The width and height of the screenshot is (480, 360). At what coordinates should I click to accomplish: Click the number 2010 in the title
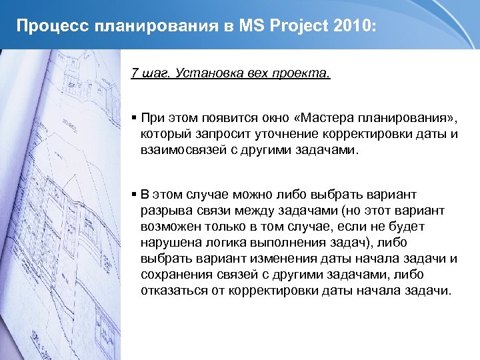coord(353,26)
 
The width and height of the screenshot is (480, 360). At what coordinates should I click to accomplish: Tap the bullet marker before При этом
coord(134,118)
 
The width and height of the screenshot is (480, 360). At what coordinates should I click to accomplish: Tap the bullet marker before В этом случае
coord(134,195)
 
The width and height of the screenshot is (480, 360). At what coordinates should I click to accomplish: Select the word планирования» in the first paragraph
coord(409,119)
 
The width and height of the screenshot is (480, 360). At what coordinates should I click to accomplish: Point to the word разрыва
coord(163,211)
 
